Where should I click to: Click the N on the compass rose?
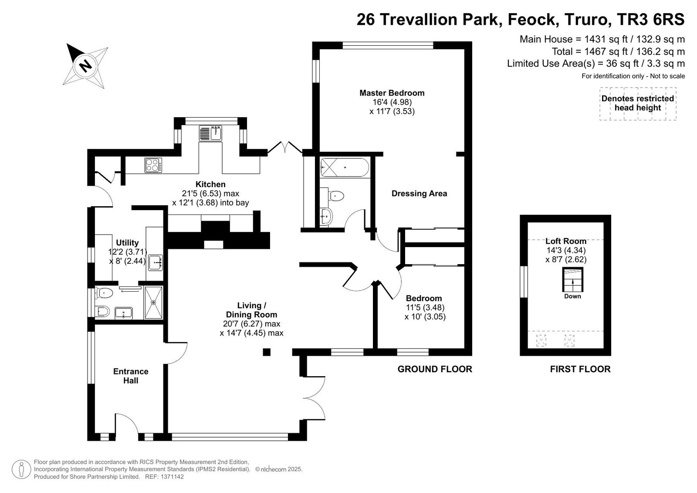[85, 66]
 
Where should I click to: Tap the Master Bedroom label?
[392, 93]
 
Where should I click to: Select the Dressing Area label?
[419, 194]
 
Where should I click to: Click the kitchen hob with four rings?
[153, 165]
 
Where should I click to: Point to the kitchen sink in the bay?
[211, 133]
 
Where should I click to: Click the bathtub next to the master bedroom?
[345, 167]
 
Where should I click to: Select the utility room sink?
[155, 262]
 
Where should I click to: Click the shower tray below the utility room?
[153, 303]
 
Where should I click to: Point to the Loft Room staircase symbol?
[572, 279]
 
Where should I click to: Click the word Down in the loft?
[572, 296]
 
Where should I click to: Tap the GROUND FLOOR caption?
[435, 369]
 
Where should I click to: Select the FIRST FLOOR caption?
[580, 369]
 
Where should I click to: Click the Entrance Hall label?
[131, 376]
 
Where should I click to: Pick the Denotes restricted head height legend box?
[638, 103]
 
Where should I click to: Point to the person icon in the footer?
[21, 469]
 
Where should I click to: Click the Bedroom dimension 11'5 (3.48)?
[425, 307]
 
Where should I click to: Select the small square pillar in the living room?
[267, 352]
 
